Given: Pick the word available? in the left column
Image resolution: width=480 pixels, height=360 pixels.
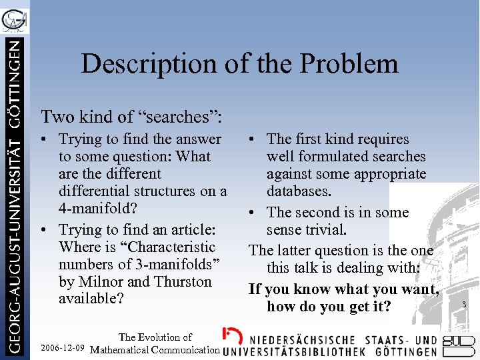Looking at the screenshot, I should click(x=91, y=299).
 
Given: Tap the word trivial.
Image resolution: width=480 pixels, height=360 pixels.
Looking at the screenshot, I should click(x=325, y=230).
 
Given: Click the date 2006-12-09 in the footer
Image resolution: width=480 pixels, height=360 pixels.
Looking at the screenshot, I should click(x=62, y=349).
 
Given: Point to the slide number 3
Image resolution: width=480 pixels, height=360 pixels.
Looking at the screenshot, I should click(x=464, y=305).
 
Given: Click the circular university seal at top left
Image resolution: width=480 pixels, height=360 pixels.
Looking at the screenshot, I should click(x=14, y=19).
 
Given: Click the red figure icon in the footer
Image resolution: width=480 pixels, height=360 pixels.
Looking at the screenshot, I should click(x=232, y=335).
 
